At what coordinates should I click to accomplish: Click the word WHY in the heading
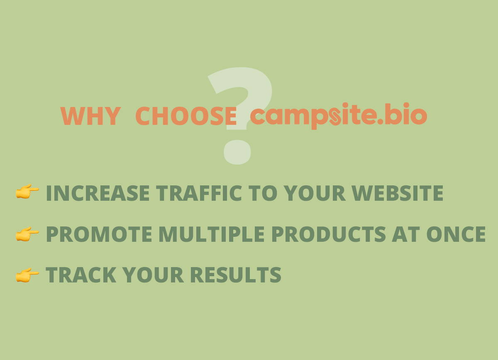coord(90,116)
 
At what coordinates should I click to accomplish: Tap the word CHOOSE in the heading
coord(186,116)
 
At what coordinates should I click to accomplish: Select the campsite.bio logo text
coord(338,116)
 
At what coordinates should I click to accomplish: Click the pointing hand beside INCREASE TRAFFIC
coord(27,192)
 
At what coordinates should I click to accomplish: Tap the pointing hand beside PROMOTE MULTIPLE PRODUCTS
coord(27,234)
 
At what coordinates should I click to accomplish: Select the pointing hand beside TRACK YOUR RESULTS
coord(27,275)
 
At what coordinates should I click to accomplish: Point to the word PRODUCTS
coord(328,234)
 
